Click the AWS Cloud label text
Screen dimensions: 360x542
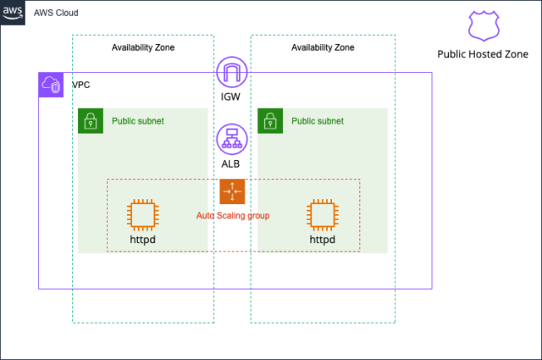click(x=58, y=14)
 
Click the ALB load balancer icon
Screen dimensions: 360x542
click(x=231, y=137)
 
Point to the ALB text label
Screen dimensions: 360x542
click(x=231, y=163)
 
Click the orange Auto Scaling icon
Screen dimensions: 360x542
click(x=231, y=191)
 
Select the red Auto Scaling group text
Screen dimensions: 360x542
click(x=233, y=216)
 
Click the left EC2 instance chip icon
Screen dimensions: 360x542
click(x=142, y=215)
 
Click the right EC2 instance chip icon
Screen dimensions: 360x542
click(x=322, y=215)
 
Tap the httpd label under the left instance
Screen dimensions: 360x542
click(x=142, y=240)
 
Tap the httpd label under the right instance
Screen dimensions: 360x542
click(x=322, y=240)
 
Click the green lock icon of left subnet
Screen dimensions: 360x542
click(x=90, y=121)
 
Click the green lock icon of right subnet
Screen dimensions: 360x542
click(x=269, y=121)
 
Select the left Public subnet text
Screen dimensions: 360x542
click(x=138, y=121)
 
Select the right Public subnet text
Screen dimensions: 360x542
click(x=318, y=121)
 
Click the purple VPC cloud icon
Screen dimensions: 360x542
click(x=51, y=85)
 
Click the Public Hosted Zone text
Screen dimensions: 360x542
click(x=483, y=54)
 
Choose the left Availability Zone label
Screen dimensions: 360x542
click(x=143, y=47)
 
